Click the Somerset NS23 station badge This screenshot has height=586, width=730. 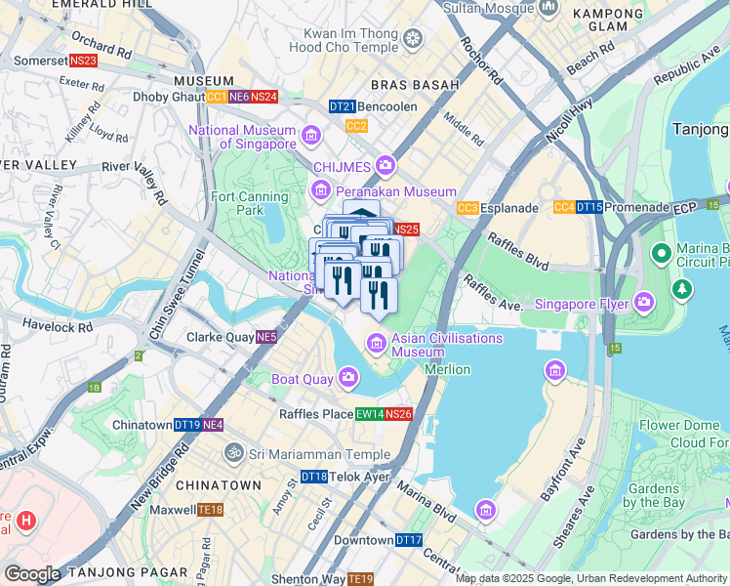84,61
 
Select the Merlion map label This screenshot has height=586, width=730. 448,369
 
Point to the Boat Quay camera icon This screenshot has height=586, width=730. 349,378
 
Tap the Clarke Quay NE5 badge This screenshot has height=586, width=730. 266,337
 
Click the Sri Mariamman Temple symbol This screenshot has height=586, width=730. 233,453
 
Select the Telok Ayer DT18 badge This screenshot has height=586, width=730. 314,477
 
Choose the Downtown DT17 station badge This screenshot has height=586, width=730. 409,540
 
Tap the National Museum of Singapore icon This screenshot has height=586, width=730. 311,135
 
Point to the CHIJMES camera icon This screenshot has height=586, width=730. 385,165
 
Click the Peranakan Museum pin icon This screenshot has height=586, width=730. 321,190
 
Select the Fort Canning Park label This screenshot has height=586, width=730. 250,203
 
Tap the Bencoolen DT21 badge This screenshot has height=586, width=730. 342,105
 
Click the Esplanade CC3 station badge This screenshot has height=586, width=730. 467,208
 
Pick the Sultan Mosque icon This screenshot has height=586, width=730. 547,9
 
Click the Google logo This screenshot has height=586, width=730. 32,574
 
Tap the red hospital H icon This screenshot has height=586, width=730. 26,523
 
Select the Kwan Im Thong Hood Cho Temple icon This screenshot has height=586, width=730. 414,39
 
